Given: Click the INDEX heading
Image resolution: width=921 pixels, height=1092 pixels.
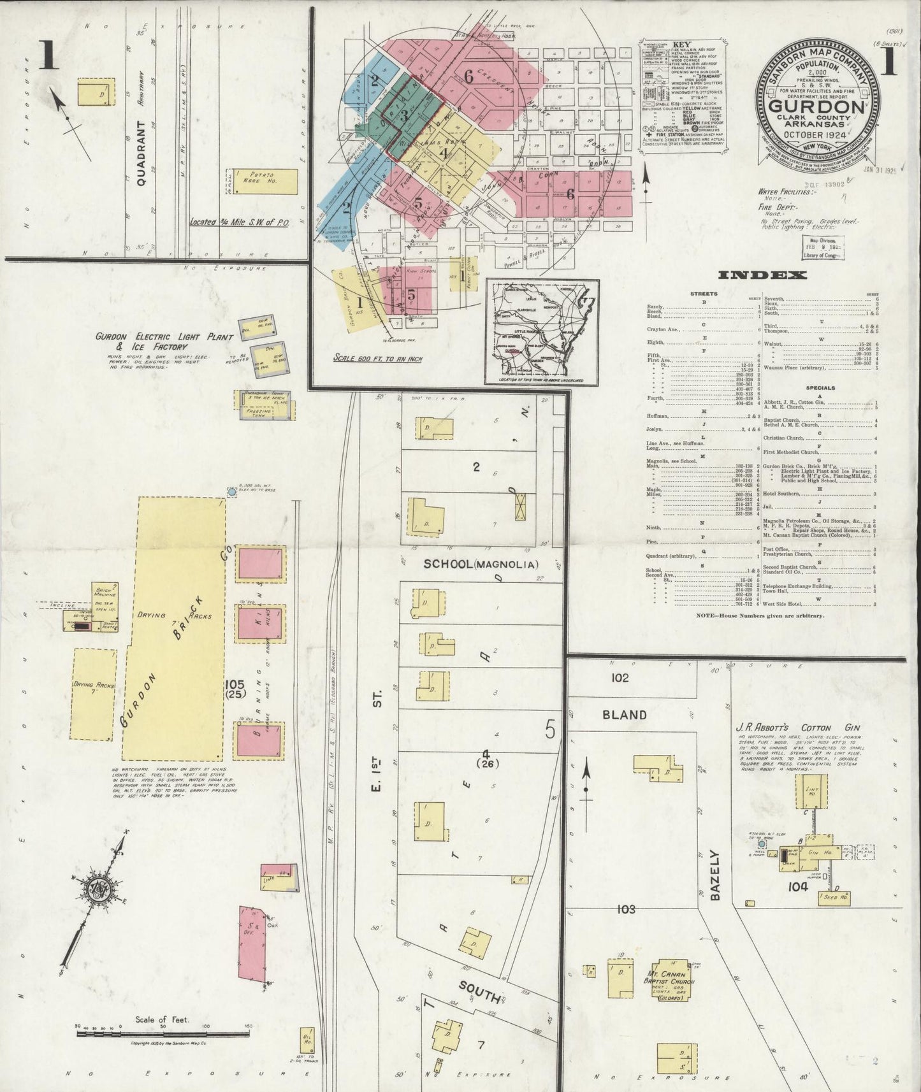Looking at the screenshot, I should (x=762, y=275).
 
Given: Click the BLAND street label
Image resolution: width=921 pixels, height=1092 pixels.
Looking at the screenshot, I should (x=625, y=715).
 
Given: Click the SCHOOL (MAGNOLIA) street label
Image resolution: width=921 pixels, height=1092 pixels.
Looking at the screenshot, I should (x=482, y=564).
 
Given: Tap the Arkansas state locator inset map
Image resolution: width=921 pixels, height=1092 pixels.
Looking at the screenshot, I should (x=542, y=332).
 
